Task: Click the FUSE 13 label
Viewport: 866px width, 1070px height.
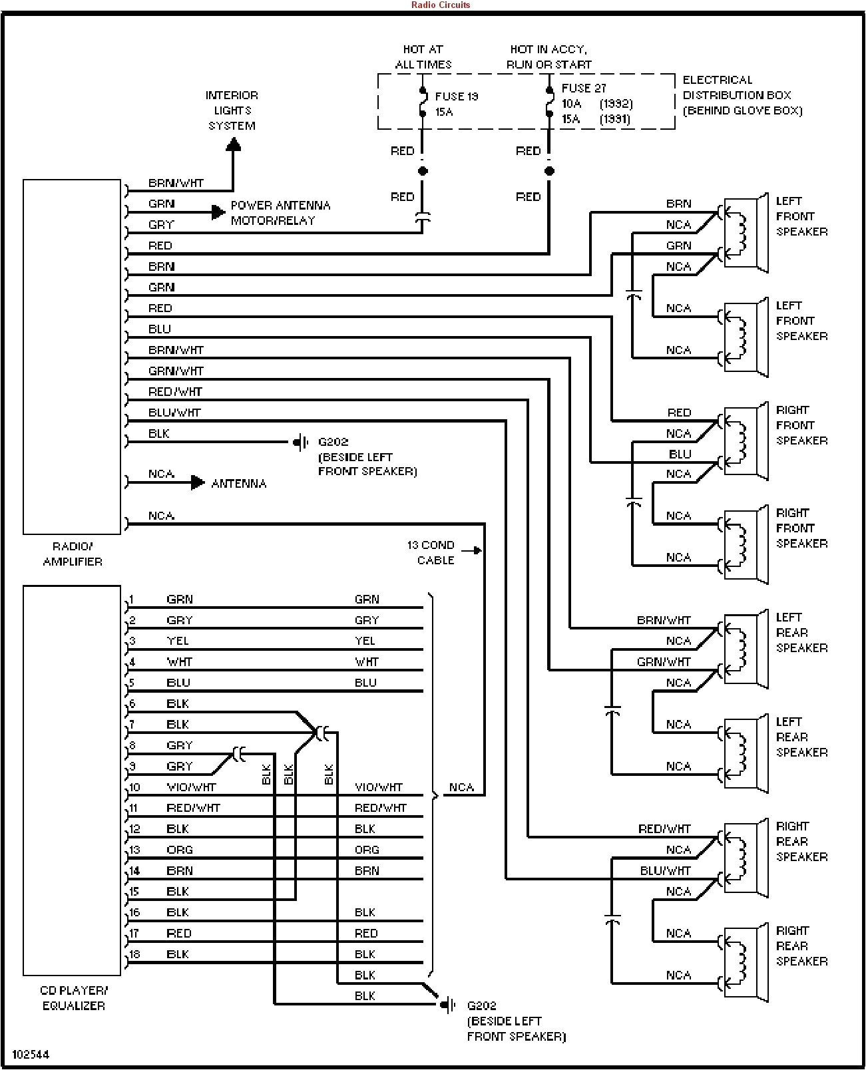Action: pos(457,96)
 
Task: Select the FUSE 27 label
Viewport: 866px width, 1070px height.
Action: pos(584,88)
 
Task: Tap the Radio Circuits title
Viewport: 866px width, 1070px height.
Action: pos(440,5)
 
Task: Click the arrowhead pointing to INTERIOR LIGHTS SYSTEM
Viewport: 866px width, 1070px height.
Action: pos(233,144)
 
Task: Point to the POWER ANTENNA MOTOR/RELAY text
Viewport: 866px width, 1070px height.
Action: pos(280,213)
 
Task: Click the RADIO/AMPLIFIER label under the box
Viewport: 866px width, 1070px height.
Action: pos(73,554)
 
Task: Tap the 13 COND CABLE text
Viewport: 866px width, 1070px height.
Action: pos(431,552)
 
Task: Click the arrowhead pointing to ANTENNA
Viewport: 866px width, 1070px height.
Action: pos(198,482)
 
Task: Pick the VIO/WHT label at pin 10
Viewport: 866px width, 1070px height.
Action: pos(191,787)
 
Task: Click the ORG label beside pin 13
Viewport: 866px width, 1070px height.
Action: pos(180,850)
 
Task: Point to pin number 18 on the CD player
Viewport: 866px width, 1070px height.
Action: pos(134,954)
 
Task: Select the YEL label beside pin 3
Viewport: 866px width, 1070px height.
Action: pos(178,641)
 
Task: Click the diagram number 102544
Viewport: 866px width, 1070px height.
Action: pos(31,1055)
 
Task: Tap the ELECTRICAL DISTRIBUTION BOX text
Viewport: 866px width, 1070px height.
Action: pos(742,95)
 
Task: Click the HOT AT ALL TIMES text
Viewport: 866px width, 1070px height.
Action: pos(423,57)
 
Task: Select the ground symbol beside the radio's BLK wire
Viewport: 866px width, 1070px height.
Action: pos(301,442)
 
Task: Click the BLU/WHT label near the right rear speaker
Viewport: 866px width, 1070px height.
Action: pos(665,870)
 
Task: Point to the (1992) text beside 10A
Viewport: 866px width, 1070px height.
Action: pos(616,104)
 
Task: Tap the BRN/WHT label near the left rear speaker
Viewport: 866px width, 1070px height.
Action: pos(664,620)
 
